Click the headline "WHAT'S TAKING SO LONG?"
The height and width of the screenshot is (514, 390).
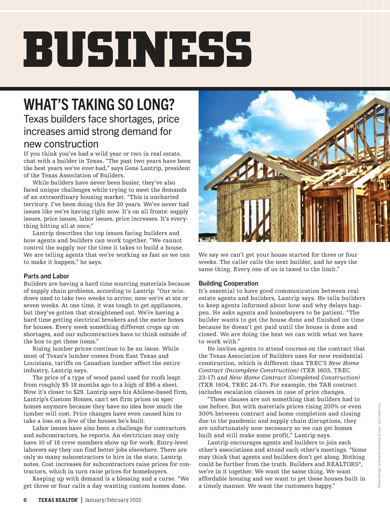pyautogui.click(x=99, y=105)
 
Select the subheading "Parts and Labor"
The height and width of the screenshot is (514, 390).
pyautogui.click(x=46, y=276)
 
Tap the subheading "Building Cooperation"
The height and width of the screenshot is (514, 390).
pyautogui.click(x=228, y=283)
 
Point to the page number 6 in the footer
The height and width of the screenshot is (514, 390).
pyautogui.click(x=25, y=500)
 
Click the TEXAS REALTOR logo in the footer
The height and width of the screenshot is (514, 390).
pyautogui.click(x=58, y=500)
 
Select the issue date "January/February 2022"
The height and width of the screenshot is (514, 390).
pyautogui.click(x=113, y=500)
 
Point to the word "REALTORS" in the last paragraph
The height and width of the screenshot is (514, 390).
pyautogui.click(x=344, y=464)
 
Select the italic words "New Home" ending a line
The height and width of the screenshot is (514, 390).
pyautogui.click(x=344, y=363)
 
